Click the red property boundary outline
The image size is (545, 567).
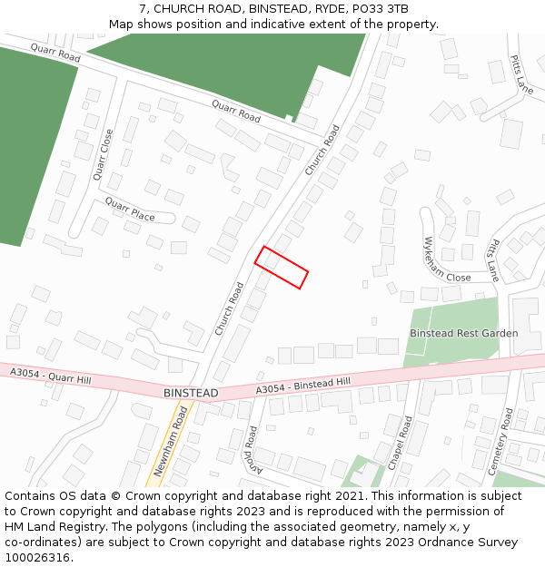(281, 268)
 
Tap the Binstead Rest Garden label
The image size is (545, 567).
(463, 334)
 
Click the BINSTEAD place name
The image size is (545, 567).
(191, 393)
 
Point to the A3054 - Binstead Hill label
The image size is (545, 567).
(302, 386)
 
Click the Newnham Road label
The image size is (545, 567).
(171, 442)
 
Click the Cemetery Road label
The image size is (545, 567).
(501, 440)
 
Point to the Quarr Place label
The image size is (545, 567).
(130, 209)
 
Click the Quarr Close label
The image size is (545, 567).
(103, 154)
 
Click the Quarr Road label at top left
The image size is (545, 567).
(55, 53)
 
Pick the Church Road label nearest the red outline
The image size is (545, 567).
(230, 309)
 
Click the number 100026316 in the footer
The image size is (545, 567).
(36, 558)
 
